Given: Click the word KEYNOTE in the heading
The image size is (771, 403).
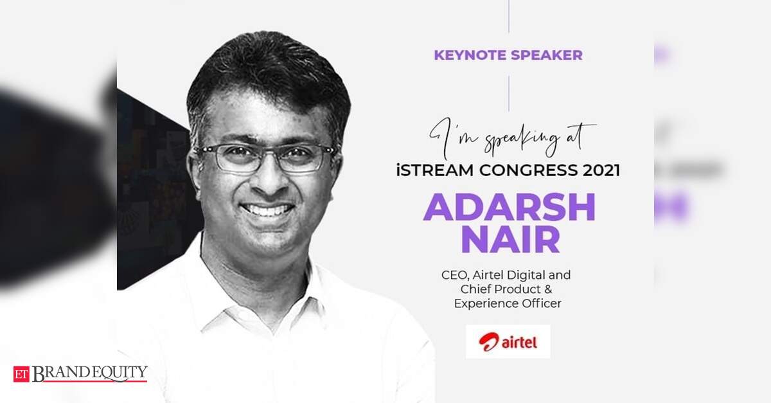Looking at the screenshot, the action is pos(469,55).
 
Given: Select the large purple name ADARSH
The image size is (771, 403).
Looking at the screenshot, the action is pos(510,207).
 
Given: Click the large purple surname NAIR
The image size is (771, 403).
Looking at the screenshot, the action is pos(510,239).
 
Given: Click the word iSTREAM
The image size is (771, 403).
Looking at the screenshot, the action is pos(435,170).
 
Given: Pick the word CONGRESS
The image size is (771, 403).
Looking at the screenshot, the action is pos(528,170).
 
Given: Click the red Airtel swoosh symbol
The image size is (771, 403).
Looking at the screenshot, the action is pos(489,342).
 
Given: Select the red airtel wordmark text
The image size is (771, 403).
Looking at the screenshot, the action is pos(519,343).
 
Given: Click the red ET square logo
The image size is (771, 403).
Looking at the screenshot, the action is pos(21,374).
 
